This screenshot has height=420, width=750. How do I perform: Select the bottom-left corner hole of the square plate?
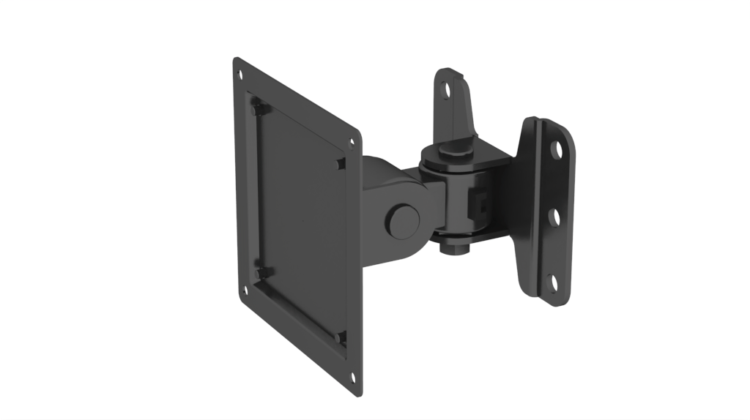245,290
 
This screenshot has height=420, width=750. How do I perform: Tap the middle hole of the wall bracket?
554,217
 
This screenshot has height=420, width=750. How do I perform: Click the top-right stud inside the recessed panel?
341,162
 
